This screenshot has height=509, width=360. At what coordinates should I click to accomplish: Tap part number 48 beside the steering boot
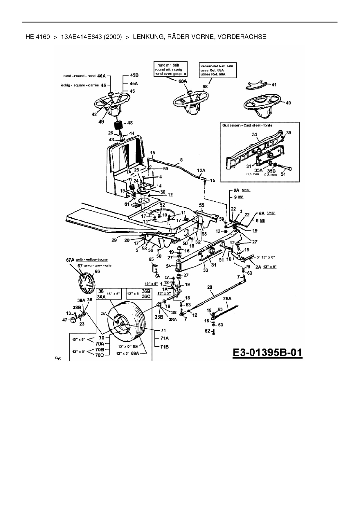click(130, 123)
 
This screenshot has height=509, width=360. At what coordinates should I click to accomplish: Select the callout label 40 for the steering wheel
click(288, 103)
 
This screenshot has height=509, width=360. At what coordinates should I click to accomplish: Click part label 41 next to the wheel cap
click(274, 84)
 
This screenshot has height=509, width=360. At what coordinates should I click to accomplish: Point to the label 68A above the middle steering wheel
click(183, 82)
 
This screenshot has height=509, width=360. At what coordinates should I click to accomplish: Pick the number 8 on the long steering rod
click(181, 160)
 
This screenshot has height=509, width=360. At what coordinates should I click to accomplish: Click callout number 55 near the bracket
click(202, 205)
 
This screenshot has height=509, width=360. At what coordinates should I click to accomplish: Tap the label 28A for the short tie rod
click(227, 299)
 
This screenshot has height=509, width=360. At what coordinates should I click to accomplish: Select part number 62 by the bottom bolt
click(207, 331)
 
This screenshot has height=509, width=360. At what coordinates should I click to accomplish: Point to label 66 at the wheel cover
click(97, 271)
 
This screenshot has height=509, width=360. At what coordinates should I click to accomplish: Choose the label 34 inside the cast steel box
click(255, 134)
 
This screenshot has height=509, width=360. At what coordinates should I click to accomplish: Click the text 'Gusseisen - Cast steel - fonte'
click(247, 125)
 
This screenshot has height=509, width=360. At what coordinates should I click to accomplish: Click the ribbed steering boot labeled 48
click(118, 126)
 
